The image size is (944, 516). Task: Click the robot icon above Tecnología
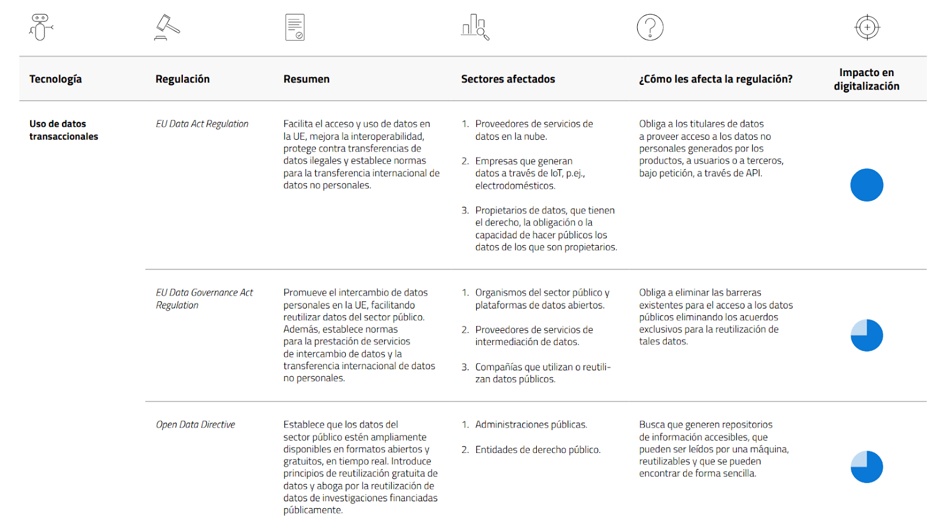click(x=41, y=27)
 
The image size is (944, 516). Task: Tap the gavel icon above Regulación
click(x=167, y=28)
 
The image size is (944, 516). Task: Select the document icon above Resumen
click(x=294, y=28)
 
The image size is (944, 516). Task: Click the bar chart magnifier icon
click(x=475, y=28)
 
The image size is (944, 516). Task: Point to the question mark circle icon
click(x=650, y=28)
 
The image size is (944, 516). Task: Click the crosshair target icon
click(x=867, y=28)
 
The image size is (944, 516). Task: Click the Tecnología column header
click(x=55, y=79)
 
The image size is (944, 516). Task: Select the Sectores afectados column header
click(x=507, y=79)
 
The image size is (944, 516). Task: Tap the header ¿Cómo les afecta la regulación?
click(x=715, y=79)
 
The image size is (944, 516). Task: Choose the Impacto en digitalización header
click(x=866, y=79)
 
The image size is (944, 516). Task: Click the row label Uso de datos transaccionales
click(x=63, y=130)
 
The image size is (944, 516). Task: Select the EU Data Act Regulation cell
click(x=202, y=124)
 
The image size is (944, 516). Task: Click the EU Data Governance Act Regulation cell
click(x=204, y=298)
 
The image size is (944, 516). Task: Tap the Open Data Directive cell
click(x=195, y=425)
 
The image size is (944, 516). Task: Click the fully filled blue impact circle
click(x=866, y=185)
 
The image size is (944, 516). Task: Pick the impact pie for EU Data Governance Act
click(x=866, y=336)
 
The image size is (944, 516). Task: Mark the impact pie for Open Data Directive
click(x=866, y=467)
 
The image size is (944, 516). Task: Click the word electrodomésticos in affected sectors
click(x=515, y=186)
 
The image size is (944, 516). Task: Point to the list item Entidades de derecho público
click(x=537, y=450)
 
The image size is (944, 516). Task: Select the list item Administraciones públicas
click(x=531, y=425)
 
